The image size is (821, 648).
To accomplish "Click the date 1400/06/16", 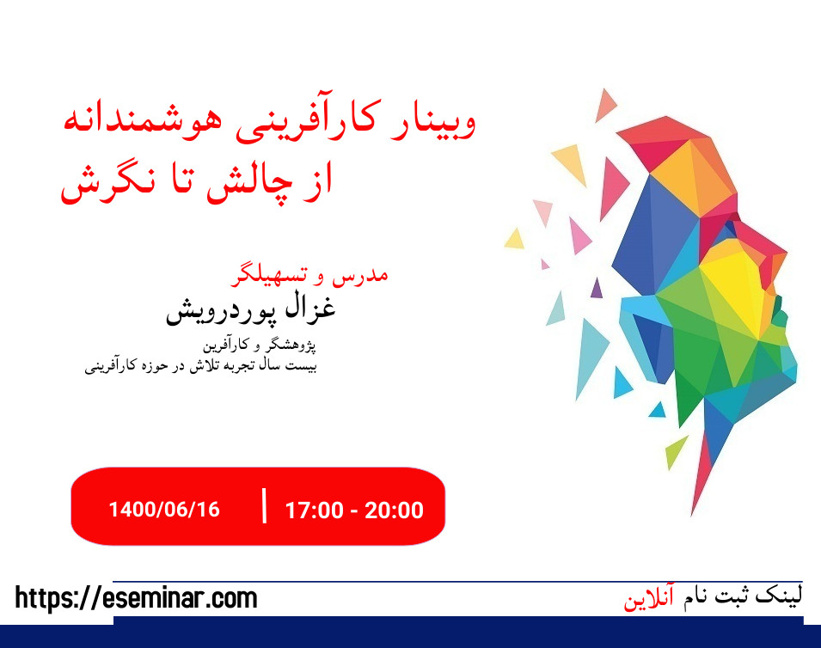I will pos(164,509).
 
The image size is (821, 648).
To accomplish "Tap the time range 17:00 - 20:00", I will pos(354,510).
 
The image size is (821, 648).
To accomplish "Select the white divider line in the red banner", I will pos(264,505).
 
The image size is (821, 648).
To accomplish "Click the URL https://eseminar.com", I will pos(136,597).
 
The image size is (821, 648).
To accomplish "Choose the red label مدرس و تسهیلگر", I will pos(310,274).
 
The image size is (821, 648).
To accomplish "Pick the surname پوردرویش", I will pos(215,311).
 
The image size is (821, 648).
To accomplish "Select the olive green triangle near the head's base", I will pos(676,450).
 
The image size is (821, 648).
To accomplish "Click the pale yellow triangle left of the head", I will pos(514,239).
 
